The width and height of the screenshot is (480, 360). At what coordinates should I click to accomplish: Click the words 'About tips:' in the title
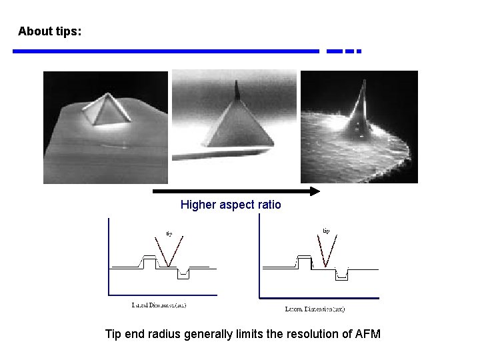(50, 31)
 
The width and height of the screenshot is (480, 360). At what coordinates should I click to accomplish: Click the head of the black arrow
(314, 192)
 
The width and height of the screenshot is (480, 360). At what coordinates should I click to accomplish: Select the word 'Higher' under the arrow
(198, 205)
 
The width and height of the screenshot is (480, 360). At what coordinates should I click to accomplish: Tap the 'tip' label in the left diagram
(169, 233)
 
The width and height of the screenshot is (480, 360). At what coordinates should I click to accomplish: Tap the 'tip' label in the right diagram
(326, 231)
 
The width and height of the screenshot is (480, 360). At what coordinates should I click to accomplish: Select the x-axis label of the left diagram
(159, 305)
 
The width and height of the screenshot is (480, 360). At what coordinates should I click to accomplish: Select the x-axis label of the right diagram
(315, 309)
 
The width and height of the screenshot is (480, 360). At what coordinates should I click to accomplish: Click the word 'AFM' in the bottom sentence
(367, 334)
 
